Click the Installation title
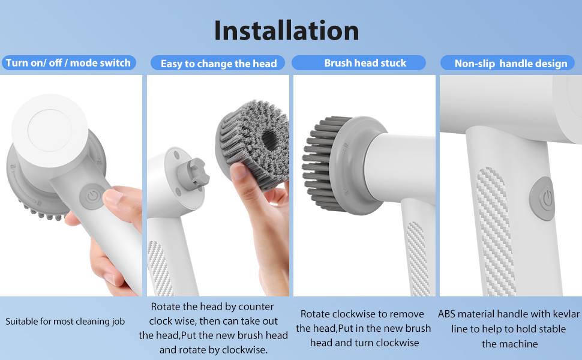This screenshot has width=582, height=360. coord(287,30)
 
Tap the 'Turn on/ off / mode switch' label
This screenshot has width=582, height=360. coord(68,63)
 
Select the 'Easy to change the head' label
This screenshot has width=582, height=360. coord(218,64)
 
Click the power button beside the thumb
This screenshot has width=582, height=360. coord(92,196)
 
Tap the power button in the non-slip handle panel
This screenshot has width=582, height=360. coord(543,199)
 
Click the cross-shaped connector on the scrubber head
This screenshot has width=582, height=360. coord(193,173)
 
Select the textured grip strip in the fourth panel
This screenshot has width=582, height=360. coord(496,231)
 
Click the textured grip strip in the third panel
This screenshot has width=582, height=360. coord(418,259)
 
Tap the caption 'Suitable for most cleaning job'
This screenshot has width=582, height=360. coord(65,322)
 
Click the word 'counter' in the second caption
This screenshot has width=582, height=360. coord(256,307)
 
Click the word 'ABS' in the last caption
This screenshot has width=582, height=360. coord(446,314)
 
